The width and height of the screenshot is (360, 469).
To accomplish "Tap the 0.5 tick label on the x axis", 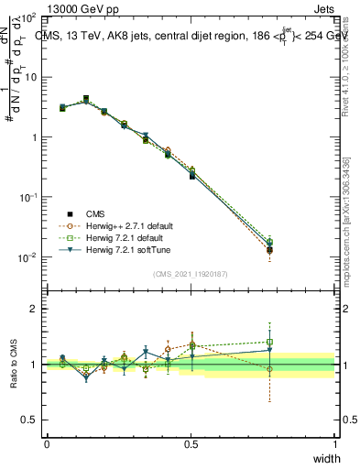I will coord(191,443).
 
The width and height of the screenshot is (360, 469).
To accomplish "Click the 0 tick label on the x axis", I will coord(47,443).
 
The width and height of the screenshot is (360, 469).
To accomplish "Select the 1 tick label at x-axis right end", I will coord(334,443).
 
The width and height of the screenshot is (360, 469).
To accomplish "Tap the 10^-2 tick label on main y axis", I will coord(28,257).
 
